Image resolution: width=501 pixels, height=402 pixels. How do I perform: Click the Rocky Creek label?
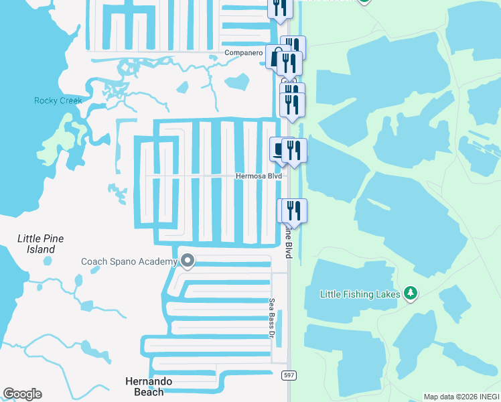coord(58,100)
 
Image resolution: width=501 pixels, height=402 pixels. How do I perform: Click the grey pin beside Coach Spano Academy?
coord(188,261)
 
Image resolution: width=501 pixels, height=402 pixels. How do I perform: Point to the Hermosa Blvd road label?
coord(259,176)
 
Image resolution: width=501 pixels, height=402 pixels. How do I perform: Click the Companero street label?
coord(242,52)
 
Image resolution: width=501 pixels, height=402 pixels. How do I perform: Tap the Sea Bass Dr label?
coord(273,318)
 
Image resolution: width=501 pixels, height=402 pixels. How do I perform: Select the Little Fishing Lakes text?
coord(360,293)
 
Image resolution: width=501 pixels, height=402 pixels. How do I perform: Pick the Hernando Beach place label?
coord(149,386)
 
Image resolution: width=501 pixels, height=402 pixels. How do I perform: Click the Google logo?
coord(22,394)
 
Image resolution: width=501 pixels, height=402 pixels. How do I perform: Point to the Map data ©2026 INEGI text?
coord(461,397)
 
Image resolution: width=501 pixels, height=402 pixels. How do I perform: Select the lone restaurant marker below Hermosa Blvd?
coord(292,210)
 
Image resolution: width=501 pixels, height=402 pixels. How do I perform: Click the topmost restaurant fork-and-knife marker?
coord(280,7)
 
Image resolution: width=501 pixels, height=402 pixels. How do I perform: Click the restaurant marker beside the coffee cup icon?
coord(294,150)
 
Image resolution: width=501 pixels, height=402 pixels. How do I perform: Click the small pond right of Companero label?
coord(236,82)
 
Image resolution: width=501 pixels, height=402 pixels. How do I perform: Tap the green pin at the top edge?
coord(364,1)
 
